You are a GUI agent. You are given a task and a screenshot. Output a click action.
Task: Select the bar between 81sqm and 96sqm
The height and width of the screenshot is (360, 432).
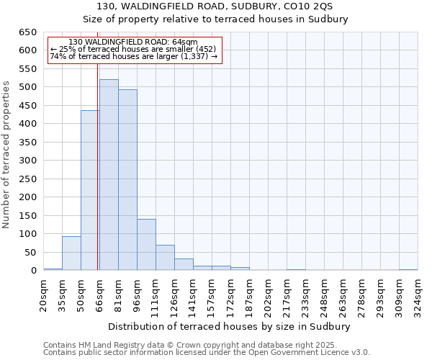pos(127,180)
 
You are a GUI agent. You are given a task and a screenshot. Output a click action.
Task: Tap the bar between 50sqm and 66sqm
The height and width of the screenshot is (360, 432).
pos(90,191)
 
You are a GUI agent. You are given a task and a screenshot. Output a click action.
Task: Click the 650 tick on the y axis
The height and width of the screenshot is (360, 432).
pos(27,32)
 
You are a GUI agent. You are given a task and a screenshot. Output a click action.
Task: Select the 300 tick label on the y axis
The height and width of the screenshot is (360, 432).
pos(27,161)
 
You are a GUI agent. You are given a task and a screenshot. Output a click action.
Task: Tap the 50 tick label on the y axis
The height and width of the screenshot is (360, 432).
pos(30,253)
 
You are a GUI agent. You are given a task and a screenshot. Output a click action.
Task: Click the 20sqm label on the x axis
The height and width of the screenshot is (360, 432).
pos(44,294)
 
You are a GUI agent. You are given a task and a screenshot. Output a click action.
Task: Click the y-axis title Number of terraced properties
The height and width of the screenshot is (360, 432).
pos(6,155)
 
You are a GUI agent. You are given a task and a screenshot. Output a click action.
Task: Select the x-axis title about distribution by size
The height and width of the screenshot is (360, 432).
pos(229,326)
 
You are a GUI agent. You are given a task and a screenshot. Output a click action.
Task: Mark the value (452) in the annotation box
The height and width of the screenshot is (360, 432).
pos(204,49)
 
